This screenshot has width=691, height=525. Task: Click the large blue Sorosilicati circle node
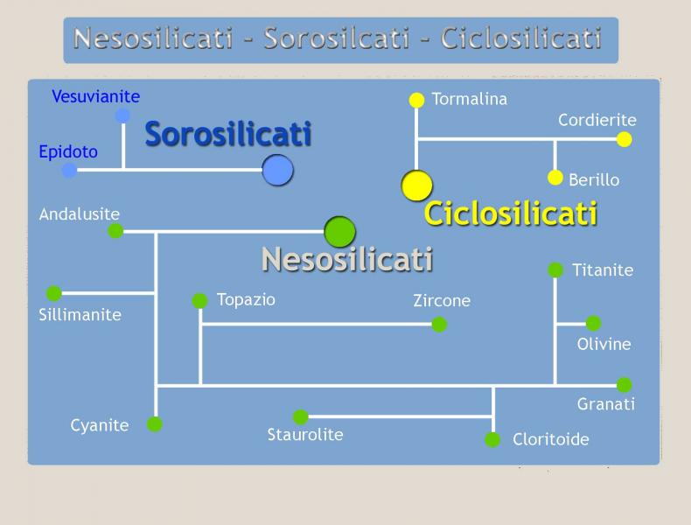[x=277, y=170]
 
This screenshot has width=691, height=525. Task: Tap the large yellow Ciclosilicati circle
[x=417, y=185]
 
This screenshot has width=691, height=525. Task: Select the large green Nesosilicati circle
[x=339, y=231]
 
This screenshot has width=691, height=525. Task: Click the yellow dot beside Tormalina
[x=416, y=100]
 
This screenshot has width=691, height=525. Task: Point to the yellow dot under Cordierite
[x=624, y=139]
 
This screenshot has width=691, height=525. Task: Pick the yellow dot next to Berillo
[x=555, y=178]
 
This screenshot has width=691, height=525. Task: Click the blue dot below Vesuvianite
[x=123, y=115]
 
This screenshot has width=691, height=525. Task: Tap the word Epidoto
[x=68, y=152]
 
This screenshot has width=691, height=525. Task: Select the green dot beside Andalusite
[x=115, y=230]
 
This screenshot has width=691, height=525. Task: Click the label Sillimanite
[x=80, y=315]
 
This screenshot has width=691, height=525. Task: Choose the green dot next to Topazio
[x=199, y=301]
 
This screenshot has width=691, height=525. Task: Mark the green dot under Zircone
[x=439, y=325]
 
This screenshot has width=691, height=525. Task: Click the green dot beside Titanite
[x=555, y=269]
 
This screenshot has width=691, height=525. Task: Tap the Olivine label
[x=604, y=344]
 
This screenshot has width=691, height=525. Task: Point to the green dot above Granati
[x=624, y=385]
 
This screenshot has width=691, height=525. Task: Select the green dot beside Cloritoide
[x=492, y=439]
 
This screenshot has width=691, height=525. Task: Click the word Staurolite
[x=305, y=435]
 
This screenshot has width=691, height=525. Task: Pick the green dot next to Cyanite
[x=155, y=424]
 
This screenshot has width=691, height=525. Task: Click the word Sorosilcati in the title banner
[x=337, y=38]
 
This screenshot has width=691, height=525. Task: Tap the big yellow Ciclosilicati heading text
[x=510, y=213]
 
